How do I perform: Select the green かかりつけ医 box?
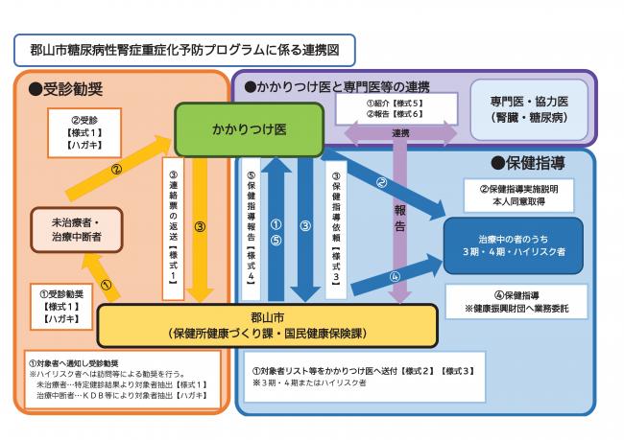[248, 127]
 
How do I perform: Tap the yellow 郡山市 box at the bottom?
[268, 324]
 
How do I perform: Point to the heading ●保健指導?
[530, 163]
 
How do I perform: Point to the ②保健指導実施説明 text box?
[522, 196]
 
